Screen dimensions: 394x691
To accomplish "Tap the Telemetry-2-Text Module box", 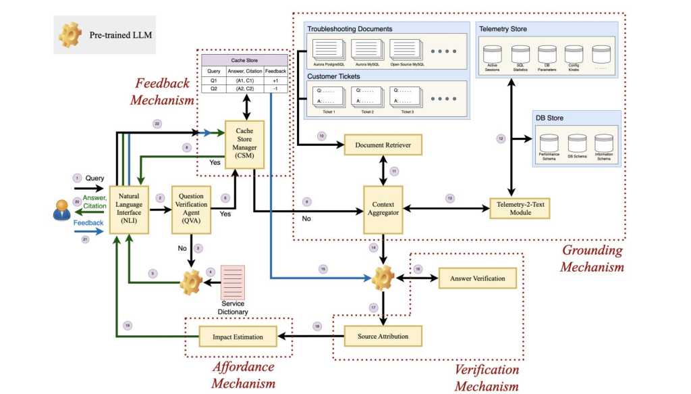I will [x=520, y=207].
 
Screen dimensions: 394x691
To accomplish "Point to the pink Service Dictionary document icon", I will [x=233, y=285].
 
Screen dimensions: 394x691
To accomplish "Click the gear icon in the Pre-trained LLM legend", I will [x=70, y=34].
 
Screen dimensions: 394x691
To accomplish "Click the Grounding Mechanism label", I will [x=592, y=258].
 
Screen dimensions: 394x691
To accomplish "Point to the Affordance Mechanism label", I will [x=244, y=375].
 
